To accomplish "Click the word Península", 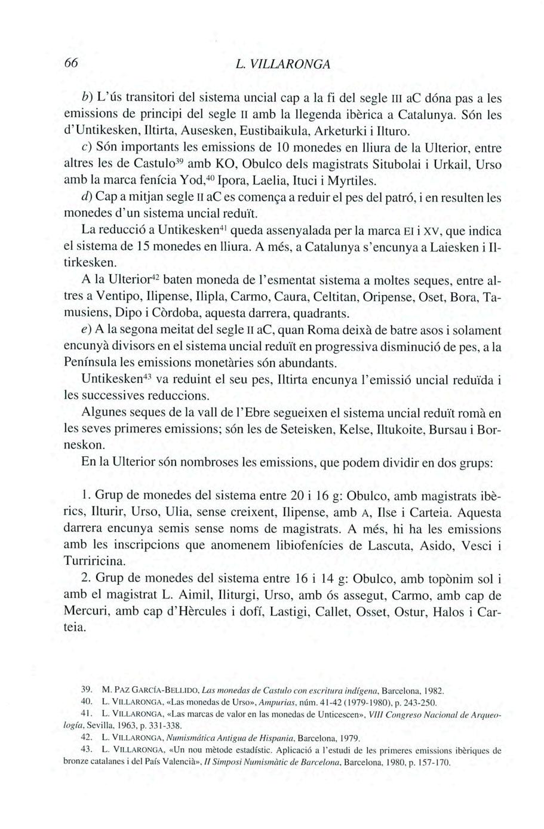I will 94,363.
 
